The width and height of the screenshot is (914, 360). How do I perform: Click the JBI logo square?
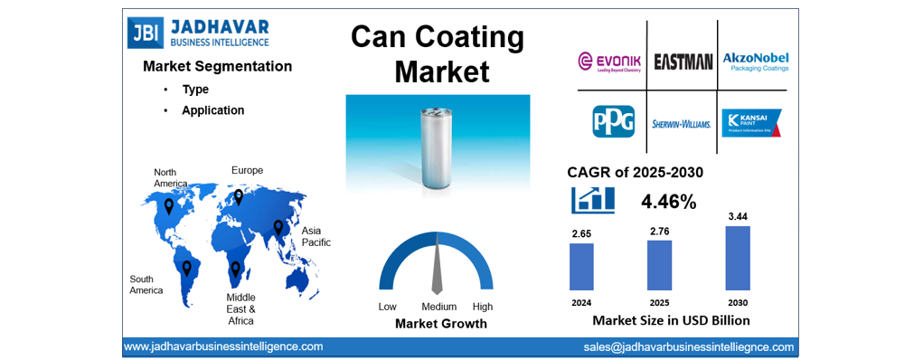[142, 33]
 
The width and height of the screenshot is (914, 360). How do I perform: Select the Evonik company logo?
[611, 62]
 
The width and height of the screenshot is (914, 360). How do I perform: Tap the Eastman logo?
[683, 62]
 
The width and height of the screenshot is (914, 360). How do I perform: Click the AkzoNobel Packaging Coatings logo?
[755, 62]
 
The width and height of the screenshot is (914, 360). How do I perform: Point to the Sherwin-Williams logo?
[682, 124]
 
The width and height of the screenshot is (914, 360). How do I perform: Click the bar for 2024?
[581, 266]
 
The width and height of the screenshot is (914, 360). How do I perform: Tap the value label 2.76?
[659, 232]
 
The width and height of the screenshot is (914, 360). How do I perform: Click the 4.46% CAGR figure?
[668, 202]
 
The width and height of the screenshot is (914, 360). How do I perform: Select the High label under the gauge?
[483, 307]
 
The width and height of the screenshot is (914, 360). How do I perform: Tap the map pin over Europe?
[239, 196]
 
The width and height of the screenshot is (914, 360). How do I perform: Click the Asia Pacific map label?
[316, 236]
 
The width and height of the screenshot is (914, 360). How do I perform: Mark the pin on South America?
[187, 269]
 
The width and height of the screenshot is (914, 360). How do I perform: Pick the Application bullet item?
[212, 110]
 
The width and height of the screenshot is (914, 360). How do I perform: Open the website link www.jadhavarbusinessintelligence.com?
[223, 346]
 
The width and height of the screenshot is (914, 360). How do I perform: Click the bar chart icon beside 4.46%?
[593, 200]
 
